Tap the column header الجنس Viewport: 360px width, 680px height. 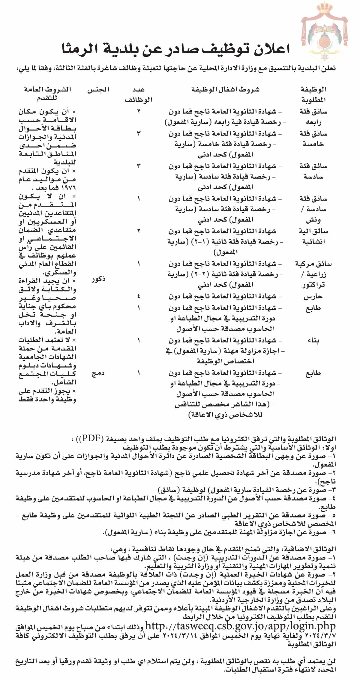[98, 89]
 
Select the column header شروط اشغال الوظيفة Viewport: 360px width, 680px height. [225, 89]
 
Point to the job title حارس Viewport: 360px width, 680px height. [313, 297]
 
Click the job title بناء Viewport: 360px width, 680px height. [313, 341]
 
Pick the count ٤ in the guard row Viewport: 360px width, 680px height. [138, 297]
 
